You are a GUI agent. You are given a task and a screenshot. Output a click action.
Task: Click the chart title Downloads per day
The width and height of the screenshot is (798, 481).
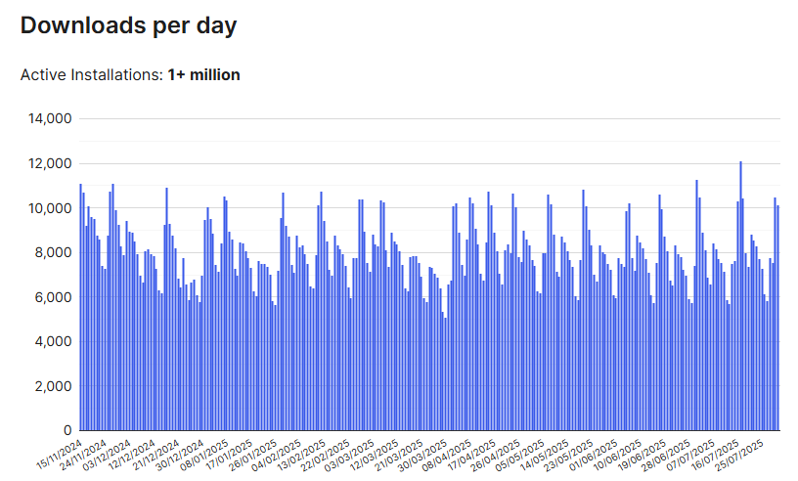[128, 26]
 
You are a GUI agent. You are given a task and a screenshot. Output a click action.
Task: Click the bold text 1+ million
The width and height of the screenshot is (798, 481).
[203, 75]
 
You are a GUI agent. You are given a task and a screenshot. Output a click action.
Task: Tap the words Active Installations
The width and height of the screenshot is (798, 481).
[91, 75]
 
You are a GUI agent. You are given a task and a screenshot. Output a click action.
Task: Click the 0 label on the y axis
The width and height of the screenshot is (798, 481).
[66, 430]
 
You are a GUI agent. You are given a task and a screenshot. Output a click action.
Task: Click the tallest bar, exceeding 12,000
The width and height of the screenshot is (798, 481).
[740, 293]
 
